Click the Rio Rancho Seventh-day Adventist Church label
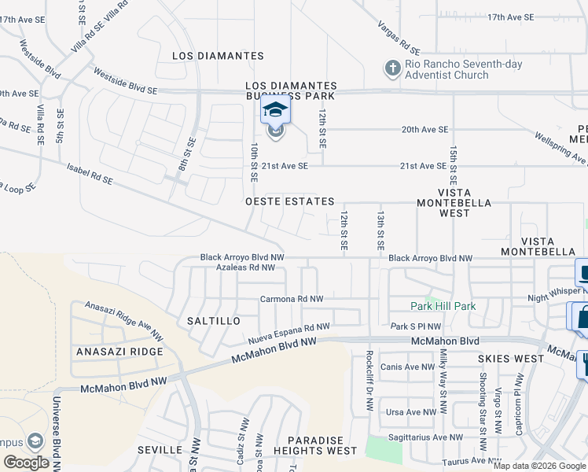point(447,70)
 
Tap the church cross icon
point(392,68)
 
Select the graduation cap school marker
point(275,110)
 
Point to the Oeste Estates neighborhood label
point(290,202)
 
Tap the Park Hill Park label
point(443,305)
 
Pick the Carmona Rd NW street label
point(292,300)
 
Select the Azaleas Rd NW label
point(246,267)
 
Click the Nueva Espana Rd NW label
point(288,334)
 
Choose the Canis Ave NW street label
point(407,367)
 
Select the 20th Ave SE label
point(424,129)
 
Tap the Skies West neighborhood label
point(510,359)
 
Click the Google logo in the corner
point(26,463)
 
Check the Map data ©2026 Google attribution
point(538,466)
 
